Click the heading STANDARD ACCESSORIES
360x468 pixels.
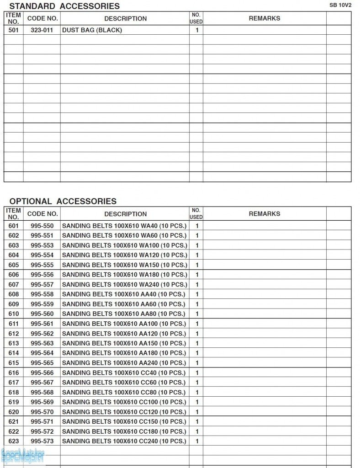[64, 6]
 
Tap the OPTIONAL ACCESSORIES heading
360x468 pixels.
[63, 201]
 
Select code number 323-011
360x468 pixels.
[42, 30]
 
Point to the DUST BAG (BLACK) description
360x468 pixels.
[92, 30]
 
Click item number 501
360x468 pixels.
[14, 30]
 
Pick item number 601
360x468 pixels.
[14, 226]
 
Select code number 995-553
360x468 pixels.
[42, 245]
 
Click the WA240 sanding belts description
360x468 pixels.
[124, 284]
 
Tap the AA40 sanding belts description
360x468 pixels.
[123, 294]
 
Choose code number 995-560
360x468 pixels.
[42, 314]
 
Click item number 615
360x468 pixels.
[14, 363]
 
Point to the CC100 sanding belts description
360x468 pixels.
[124, 402]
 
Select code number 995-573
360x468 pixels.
[42, 441]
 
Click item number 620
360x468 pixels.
[14, 412]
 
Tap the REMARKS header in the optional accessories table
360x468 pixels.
[265, 213]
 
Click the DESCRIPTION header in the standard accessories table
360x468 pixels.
[126, 19]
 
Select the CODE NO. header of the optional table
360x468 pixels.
[42, 213]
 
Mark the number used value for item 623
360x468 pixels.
[197, 441]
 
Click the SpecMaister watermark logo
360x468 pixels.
[23, 456]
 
